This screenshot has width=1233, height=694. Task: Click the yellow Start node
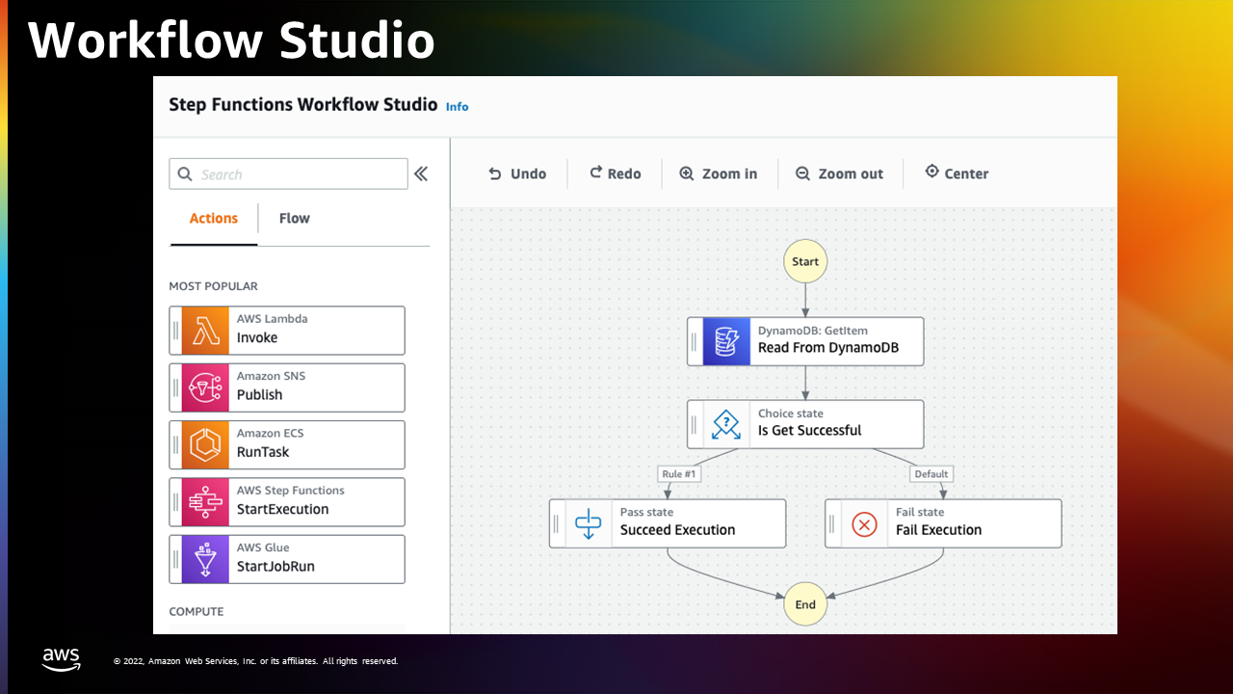(804, 261)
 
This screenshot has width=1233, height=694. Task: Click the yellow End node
(804, 604)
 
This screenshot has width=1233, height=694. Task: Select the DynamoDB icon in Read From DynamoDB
(726, 341)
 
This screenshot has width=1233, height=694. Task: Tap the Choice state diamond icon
(726, 424)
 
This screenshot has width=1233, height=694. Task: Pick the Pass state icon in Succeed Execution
(588, 523)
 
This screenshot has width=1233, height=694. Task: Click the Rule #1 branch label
(679, 473)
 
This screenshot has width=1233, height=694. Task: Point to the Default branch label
(931, 473)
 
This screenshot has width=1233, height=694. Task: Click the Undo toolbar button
(517, 173)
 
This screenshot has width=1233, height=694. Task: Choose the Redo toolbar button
(616, 173)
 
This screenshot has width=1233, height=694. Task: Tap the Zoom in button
(718, 173)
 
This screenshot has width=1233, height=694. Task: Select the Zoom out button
(839, 173)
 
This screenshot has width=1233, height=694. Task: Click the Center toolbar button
(957, 173)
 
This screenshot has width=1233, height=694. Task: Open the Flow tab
(295, 218)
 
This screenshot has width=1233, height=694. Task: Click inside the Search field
(288, 174)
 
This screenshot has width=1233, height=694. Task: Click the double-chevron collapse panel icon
(421, 174)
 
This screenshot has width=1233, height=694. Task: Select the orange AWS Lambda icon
(205, 331)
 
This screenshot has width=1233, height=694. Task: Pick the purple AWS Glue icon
(205, 559)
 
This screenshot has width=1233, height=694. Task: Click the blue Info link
(457, 107)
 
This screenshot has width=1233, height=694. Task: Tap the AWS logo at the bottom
(61, 659)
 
